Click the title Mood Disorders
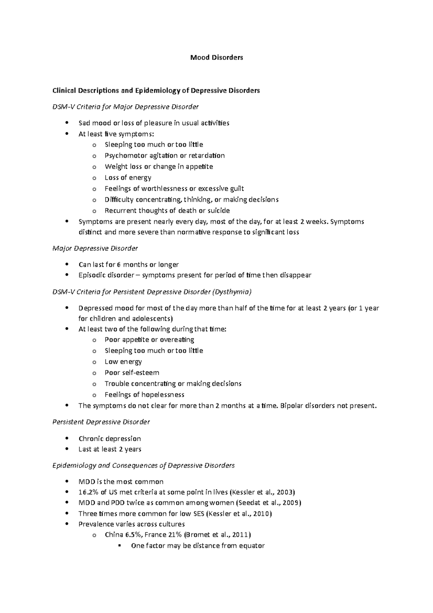[216, 57]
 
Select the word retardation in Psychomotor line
[207, 156]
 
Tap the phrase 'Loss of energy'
[128, 178]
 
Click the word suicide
[218, 210]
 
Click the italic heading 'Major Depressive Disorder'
[95, 248]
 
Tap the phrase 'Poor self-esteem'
[132, 373]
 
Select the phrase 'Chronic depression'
[110, 439]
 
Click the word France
[155, 535]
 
